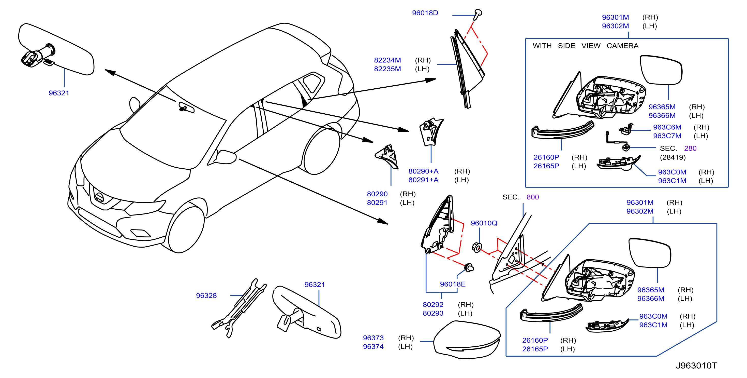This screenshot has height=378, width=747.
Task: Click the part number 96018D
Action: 425,13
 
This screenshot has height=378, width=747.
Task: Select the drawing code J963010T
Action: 696,366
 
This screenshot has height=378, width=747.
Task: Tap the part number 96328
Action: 206,295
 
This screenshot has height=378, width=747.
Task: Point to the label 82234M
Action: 387,60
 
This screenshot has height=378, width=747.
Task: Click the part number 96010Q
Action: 484,223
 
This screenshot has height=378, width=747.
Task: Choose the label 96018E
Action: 453,284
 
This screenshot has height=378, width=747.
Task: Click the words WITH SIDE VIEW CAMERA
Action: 586,46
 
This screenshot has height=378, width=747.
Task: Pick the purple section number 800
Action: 533,197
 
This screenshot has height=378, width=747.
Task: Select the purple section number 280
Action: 690,148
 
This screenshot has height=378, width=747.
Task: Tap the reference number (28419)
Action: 673,157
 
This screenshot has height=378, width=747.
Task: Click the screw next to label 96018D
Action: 477,15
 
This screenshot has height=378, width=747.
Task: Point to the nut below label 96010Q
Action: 477,248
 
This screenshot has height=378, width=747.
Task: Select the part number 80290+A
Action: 423,171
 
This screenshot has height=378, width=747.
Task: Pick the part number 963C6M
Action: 667,127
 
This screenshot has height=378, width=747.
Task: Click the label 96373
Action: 373,338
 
